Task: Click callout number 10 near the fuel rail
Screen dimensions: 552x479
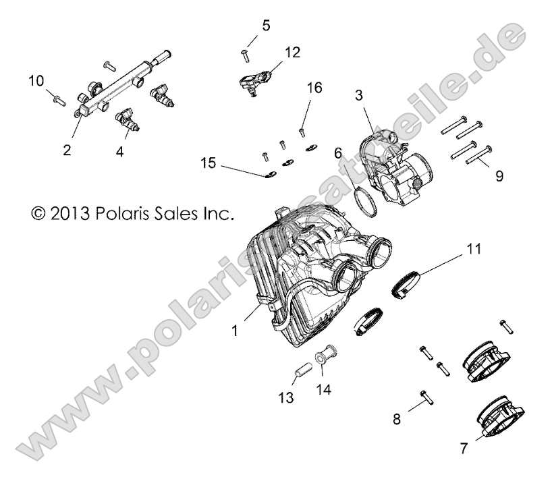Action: pyautogui.click(x=36, y=82)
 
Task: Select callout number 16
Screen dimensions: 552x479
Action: pyautogui.click(x=314, y=87)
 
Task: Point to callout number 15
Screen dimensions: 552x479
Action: pyautogui.click(x=208, y=163)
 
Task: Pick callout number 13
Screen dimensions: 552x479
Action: pyautogui.click(x=287, y=398)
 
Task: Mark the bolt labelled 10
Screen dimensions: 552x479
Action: pyautogui.click(x=57, y=101)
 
